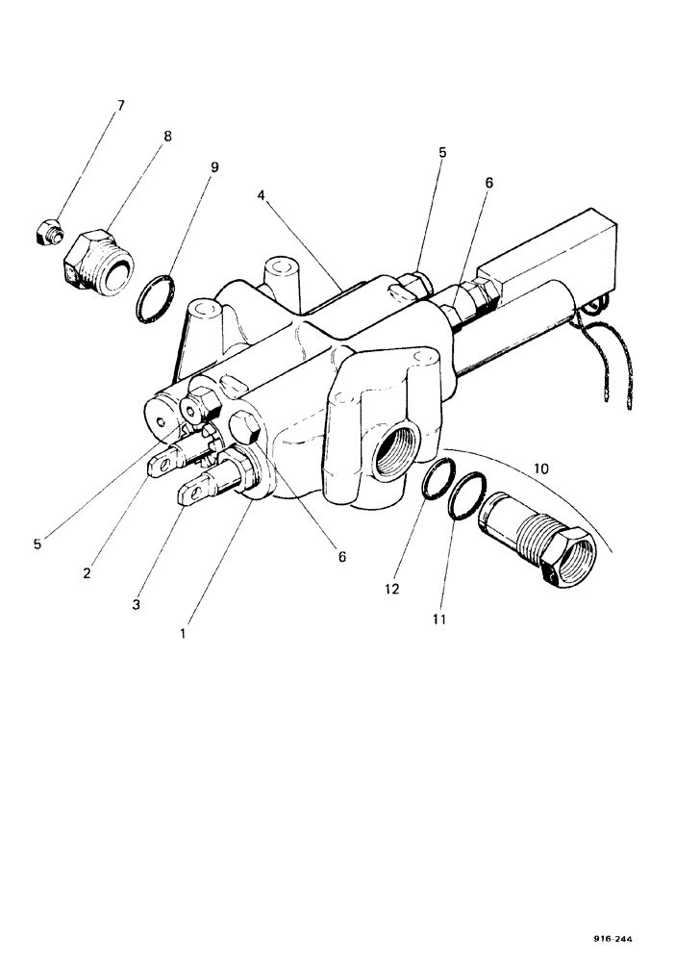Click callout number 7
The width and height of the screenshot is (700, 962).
(x=121, y=105)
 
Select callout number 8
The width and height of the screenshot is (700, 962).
(x=168, y=137)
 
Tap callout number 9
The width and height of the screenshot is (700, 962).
(x=213, y=167)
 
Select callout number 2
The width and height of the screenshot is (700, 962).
(x=86, y=573)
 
